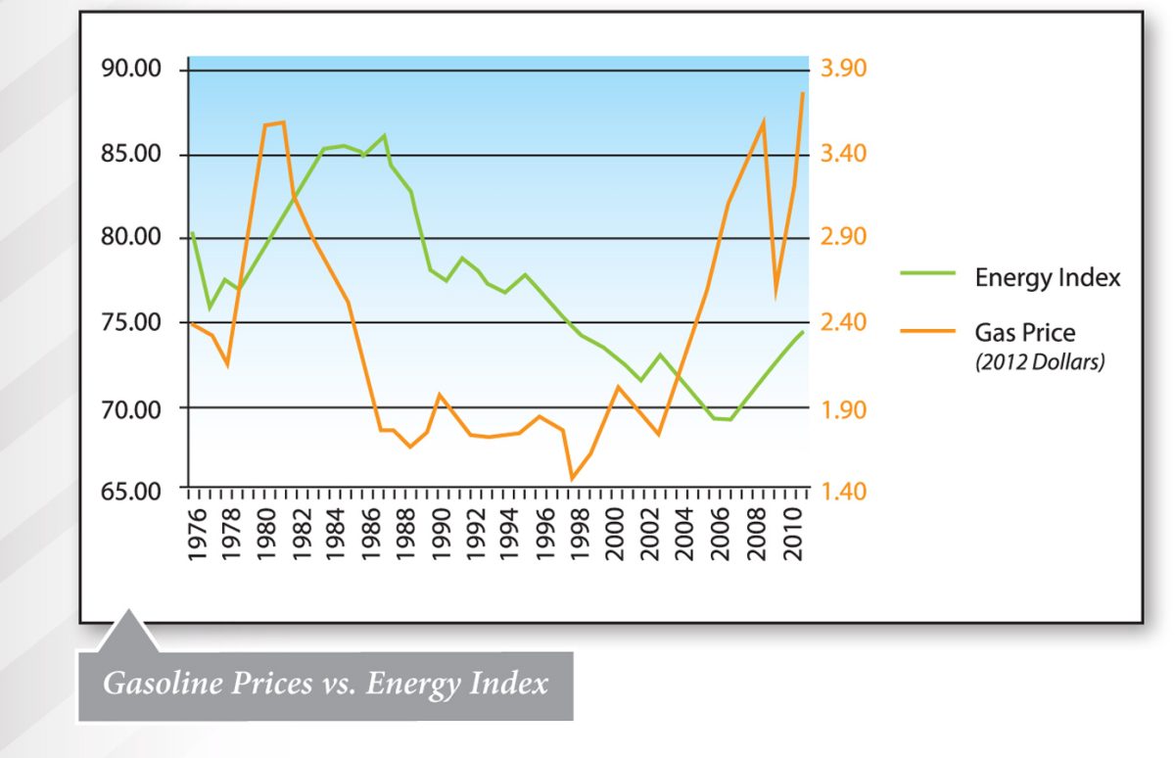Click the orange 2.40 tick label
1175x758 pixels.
[x=843, y=323]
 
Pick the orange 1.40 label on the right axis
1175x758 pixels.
[x=843, y=491]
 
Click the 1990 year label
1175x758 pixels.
[x=442, y=535]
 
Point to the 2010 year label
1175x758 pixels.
[x=794, y=535]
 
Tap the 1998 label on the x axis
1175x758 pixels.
[x=582, y=535]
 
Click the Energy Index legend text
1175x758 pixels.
[x=1048, y=278]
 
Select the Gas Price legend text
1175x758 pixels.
[x=1024, y=333]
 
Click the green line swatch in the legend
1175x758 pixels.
[x=927, y=276]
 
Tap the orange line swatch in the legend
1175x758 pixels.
[x=927, y=332]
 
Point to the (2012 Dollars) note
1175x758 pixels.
[x=1040, y=362]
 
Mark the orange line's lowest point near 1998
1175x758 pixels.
[x=572, y=479]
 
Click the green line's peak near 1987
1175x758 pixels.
[x=385, y=135]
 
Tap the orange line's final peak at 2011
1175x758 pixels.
[x=804, y=93]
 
